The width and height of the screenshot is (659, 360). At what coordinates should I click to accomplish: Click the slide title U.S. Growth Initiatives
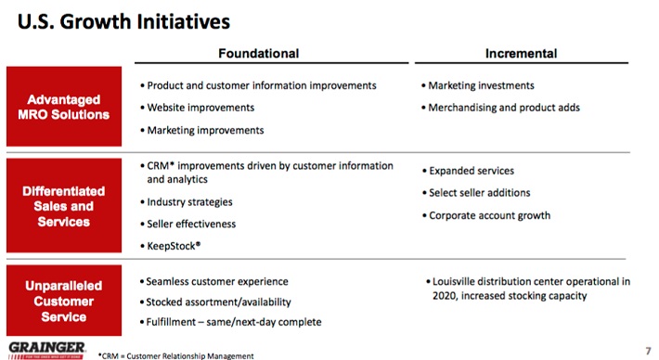(x=123, y=22)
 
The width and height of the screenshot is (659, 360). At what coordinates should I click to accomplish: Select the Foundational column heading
(x=258, y=53)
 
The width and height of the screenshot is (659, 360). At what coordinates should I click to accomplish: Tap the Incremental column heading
(x=521, y=53)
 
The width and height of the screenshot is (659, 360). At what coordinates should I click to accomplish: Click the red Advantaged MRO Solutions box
(x=64, y=107)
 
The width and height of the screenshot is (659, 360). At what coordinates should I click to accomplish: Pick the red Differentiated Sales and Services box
(x=64, y=205)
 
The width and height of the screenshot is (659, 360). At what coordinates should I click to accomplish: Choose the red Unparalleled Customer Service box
(x=64, y=301)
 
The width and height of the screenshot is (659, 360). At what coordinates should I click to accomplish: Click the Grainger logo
(x=46, y=351)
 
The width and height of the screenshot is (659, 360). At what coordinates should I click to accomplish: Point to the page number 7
(x=648, y=351)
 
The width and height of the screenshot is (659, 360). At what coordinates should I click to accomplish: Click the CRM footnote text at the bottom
(x=175, y=355)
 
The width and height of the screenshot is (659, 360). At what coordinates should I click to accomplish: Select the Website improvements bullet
(x=197, y=108)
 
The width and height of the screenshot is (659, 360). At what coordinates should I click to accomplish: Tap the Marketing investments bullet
(x=477, y=85)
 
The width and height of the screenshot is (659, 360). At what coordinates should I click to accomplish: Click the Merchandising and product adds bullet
(x=500, y=108)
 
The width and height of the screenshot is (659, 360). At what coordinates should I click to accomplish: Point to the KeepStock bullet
(x=170, y=246)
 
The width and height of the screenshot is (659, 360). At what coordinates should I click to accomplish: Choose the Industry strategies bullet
(x=187, y=202)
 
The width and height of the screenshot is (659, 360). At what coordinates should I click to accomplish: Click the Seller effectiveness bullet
(x=187, y=224)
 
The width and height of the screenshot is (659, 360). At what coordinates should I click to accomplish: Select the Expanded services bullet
(x=468, y=171)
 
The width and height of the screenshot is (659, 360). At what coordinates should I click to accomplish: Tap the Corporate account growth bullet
(x=485, y=215)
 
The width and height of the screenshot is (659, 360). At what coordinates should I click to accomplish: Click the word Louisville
(x=454, y=281)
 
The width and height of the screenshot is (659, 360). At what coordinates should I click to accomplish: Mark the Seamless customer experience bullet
(x=213, y=281)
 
